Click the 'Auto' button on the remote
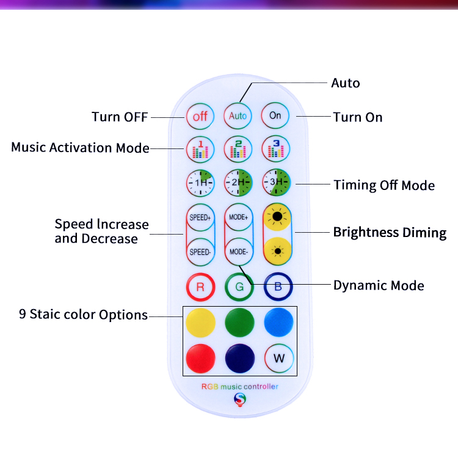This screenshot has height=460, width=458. tap(238, 115)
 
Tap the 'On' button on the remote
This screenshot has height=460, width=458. tap(275, 115)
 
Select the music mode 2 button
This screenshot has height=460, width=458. tap(238, 148)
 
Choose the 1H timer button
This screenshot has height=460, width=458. tap(200, 182)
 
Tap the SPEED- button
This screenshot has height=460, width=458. tap(200, 251)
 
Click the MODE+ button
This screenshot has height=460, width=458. tap(238, 217)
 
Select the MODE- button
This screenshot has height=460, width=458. tap(238, 251)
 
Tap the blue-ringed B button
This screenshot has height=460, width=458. tap(278, 285)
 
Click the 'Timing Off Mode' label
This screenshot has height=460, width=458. tap(384, 185)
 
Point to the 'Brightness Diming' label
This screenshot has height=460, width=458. tap(390, 233)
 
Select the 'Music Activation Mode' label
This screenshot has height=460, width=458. tap(80, 148)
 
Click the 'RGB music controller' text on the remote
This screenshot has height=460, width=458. tap(239, 387)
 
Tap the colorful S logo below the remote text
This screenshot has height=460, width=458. tap(239, 400)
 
